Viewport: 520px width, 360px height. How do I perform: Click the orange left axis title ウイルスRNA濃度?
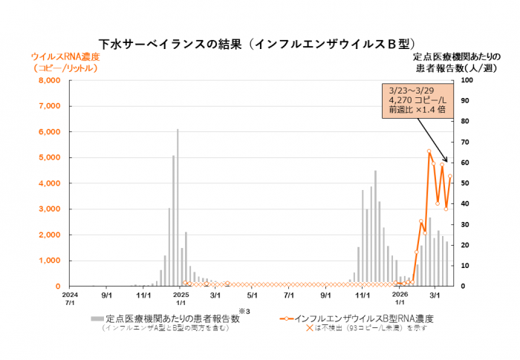tap(64, 56)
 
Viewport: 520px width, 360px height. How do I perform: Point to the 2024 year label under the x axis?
tap(70, 295)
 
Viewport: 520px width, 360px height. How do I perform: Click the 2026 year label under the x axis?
tap(400, 295)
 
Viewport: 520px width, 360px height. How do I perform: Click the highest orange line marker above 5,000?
tap(429, 151)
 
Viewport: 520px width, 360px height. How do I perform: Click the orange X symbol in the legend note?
tap(308, 327)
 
